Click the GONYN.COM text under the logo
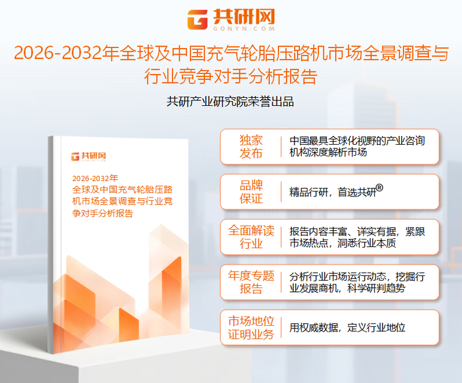244,28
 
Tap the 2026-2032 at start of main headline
59,54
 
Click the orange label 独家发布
251,147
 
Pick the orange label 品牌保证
251,191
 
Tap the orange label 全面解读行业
251,237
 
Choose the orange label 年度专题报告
251,282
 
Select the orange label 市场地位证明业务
251,328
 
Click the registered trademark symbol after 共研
379,188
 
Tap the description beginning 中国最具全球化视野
357,146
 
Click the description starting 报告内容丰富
357,237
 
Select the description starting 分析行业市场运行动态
357,282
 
